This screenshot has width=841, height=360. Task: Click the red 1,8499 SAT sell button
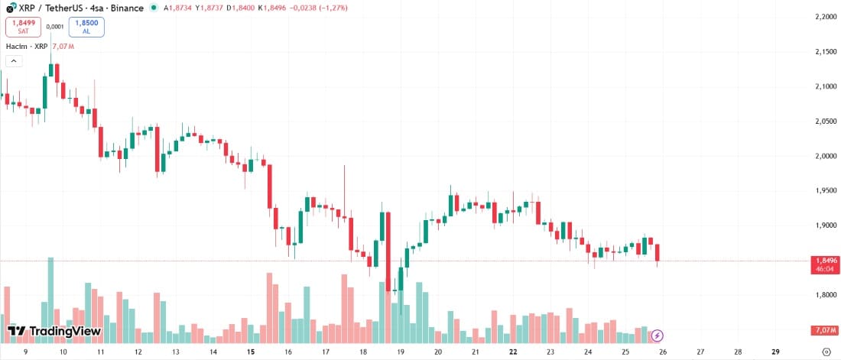click(24, 28)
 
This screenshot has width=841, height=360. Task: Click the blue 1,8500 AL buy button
click(86, 28)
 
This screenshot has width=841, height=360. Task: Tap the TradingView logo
click(54, 331)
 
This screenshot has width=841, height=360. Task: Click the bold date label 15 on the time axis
click(250, 352)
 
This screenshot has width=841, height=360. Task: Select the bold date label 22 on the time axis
click(513, 352)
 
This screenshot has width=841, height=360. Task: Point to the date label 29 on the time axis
click(775, 352)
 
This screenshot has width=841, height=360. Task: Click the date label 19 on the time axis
click(400, 352)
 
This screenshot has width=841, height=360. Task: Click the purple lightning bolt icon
click(658, 335)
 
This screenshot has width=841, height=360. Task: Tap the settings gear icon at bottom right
click(826, 352)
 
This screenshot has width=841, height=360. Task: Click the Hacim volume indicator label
click(17, 46)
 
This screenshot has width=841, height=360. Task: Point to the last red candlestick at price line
click(658, 252)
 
